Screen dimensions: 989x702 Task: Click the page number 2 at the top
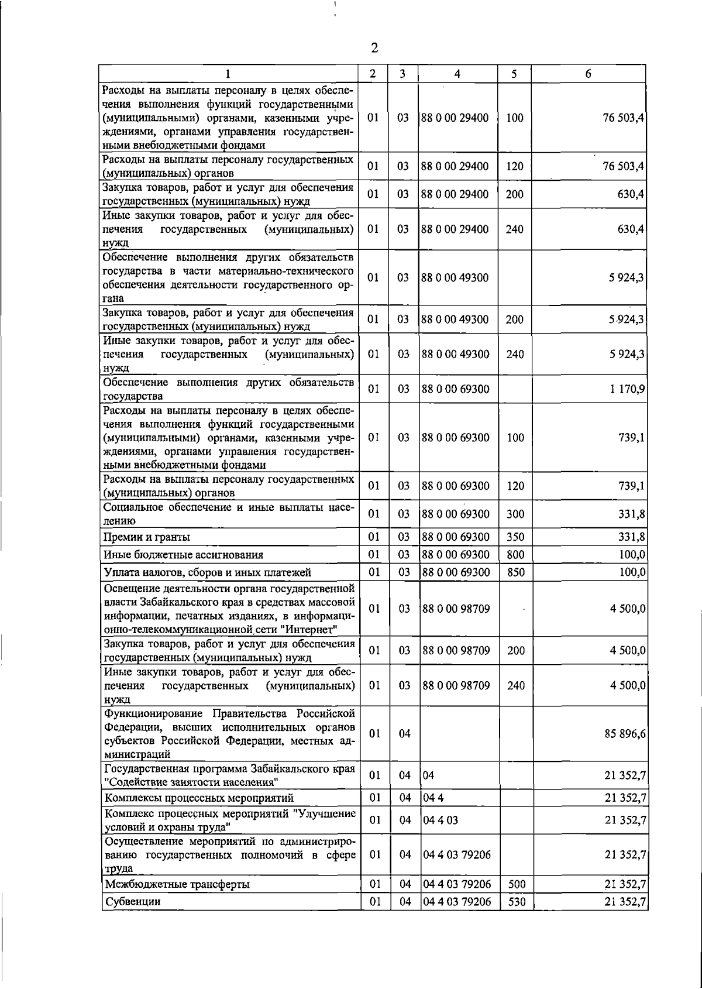point(375,48)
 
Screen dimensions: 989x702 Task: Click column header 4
point(457,74)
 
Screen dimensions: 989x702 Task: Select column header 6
point(588,74)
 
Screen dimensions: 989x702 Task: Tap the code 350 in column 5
point(515,537)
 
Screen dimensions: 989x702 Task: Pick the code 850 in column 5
point(515,572)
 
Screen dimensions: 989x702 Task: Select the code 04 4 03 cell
point(440,820)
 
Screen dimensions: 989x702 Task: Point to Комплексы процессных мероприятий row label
point(199,798)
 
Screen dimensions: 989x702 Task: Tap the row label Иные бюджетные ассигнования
point(183,555)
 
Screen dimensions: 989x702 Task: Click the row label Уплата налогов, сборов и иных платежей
point(208,572)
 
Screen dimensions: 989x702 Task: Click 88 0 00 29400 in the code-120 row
point(455,166)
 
